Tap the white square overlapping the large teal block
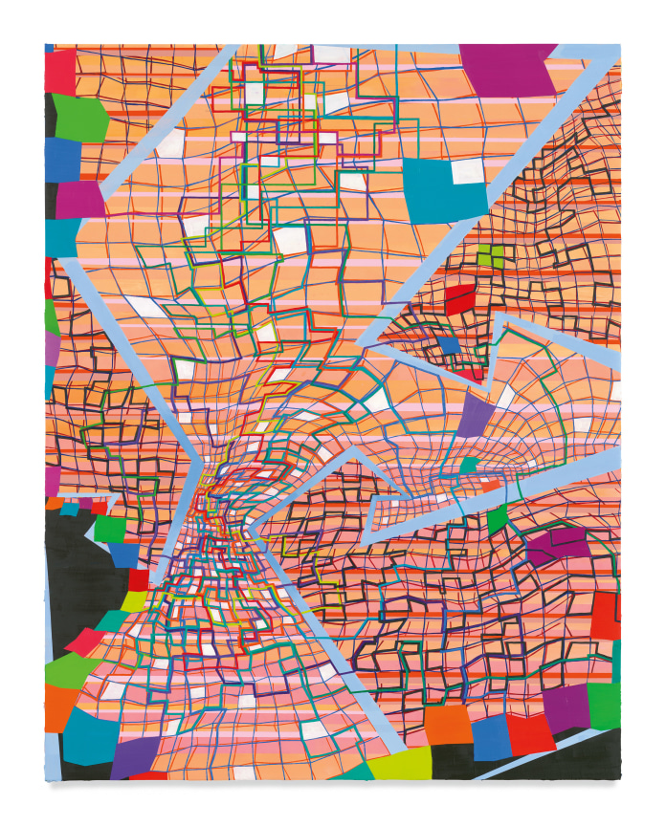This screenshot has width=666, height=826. pos(468,171)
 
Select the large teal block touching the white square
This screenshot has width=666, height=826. pos(435,191)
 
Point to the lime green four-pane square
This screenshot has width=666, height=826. pos(490,256)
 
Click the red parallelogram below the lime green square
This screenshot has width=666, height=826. pos(458,298)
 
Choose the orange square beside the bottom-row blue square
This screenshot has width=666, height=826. pos(448,727)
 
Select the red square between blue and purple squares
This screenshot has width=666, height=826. pos(531,732)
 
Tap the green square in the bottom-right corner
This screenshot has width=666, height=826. pos(604,706)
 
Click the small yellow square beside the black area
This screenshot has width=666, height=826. pos(134,601)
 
